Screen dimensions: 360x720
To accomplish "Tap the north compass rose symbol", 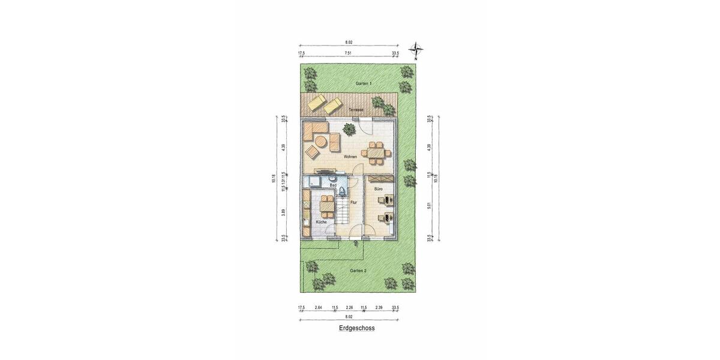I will [x=415, y=50].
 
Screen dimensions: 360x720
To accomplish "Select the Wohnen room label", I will [x=350, y=157].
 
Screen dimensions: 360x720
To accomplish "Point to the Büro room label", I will [x=379, y=189].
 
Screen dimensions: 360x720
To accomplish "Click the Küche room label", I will [x=321, y=223].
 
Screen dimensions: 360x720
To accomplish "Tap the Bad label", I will [x=332, y=185].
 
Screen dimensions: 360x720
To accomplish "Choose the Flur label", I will [x=353, y=202].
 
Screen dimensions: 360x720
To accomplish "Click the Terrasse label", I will [x=357, y=110].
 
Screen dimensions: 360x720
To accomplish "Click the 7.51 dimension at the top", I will [x=348, y=53].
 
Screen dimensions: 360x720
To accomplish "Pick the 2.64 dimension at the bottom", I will [x=319, y=308].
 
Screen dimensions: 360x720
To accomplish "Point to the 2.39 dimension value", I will [x=379, y=308].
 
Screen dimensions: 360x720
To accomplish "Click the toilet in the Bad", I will [x=341, y=191].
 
